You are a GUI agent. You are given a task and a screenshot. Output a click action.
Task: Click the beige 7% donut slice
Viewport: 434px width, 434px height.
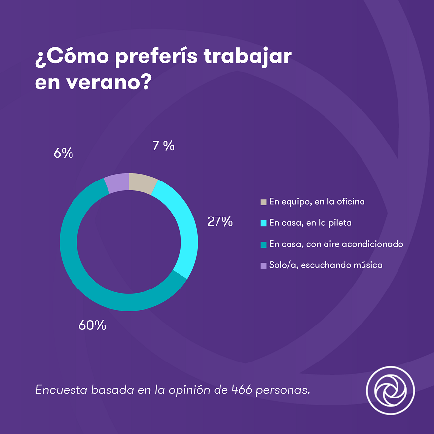142,183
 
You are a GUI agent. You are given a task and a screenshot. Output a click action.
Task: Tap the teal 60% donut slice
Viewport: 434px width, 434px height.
89,281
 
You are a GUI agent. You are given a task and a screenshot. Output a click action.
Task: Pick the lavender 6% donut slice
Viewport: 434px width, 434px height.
116,183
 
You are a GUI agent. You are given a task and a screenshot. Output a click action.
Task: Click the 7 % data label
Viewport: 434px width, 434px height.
163,146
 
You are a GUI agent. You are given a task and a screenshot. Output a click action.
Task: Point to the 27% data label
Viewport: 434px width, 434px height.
220,222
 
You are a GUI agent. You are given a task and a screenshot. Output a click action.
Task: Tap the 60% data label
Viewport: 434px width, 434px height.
92,325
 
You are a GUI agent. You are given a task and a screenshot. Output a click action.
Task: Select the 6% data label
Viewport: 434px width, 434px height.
64,153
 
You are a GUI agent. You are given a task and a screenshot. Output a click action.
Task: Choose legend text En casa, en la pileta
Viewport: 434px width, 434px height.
310,223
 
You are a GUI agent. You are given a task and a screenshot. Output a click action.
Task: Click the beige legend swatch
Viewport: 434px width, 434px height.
263,202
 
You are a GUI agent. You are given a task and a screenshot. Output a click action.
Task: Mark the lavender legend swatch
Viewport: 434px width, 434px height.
263,265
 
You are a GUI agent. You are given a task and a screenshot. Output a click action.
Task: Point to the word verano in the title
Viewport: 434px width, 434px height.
107,82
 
